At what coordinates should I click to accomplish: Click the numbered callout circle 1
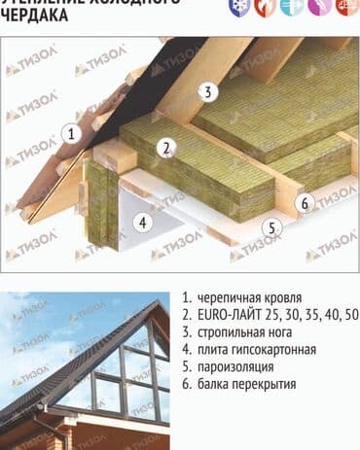70,135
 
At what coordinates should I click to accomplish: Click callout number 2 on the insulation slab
167,148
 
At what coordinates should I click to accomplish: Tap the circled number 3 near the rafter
207,92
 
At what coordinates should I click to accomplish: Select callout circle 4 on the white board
143,222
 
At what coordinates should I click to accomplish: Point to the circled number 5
272,228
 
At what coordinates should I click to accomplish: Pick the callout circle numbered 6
305,203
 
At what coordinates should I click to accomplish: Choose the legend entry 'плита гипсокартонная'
255,350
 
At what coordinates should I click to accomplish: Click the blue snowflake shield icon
236,6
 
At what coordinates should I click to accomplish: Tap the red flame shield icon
264,6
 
